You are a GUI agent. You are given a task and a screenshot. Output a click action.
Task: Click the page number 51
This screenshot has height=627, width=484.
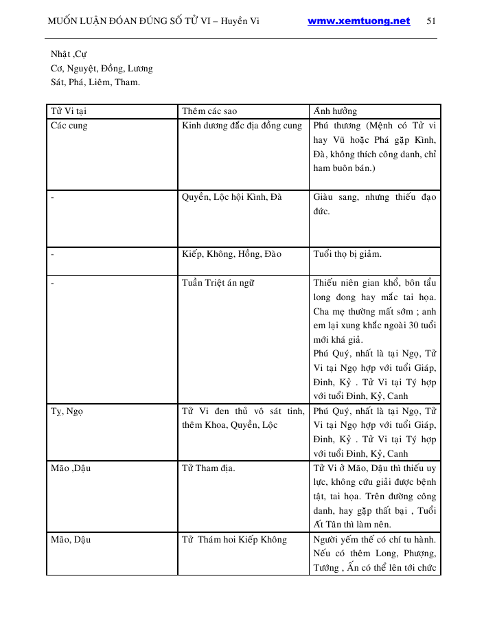[x=431, y=21]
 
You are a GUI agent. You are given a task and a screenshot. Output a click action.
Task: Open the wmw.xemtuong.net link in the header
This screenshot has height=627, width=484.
[x=358, y=21]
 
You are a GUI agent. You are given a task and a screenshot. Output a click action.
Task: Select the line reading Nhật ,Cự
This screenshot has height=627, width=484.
[x=69, y=54]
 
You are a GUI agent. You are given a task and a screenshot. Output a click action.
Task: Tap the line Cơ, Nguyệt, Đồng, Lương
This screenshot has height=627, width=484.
[x=102, y=68]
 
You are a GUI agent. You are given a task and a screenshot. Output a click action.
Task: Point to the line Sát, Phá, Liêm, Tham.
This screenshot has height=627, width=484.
[x=95, y=82]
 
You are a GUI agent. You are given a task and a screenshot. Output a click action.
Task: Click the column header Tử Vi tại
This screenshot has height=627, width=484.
[x=68, y=111]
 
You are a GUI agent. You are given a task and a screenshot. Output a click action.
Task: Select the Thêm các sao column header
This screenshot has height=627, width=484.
[x=209, y=111]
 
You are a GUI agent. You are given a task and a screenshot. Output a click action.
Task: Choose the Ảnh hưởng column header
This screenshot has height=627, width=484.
[x=335, y=111]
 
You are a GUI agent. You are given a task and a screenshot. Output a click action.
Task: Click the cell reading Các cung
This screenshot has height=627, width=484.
[x=69, y=126]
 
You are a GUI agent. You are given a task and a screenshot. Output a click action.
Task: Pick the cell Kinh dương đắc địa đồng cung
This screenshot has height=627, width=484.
[x=242, y=126]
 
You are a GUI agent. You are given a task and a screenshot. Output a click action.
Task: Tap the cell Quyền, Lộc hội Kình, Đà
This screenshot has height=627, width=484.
[x=231, y=197]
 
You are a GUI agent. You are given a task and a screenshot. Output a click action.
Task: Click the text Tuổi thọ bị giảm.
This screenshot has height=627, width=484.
[x=347, y=254]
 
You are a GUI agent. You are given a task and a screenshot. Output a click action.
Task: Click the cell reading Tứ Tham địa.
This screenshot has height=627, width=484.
[x=208, y=468]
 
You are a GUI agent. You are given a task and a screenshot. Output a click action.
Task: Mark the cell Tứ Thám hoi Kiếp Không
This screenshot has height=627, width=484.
[x=234, y=540]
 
